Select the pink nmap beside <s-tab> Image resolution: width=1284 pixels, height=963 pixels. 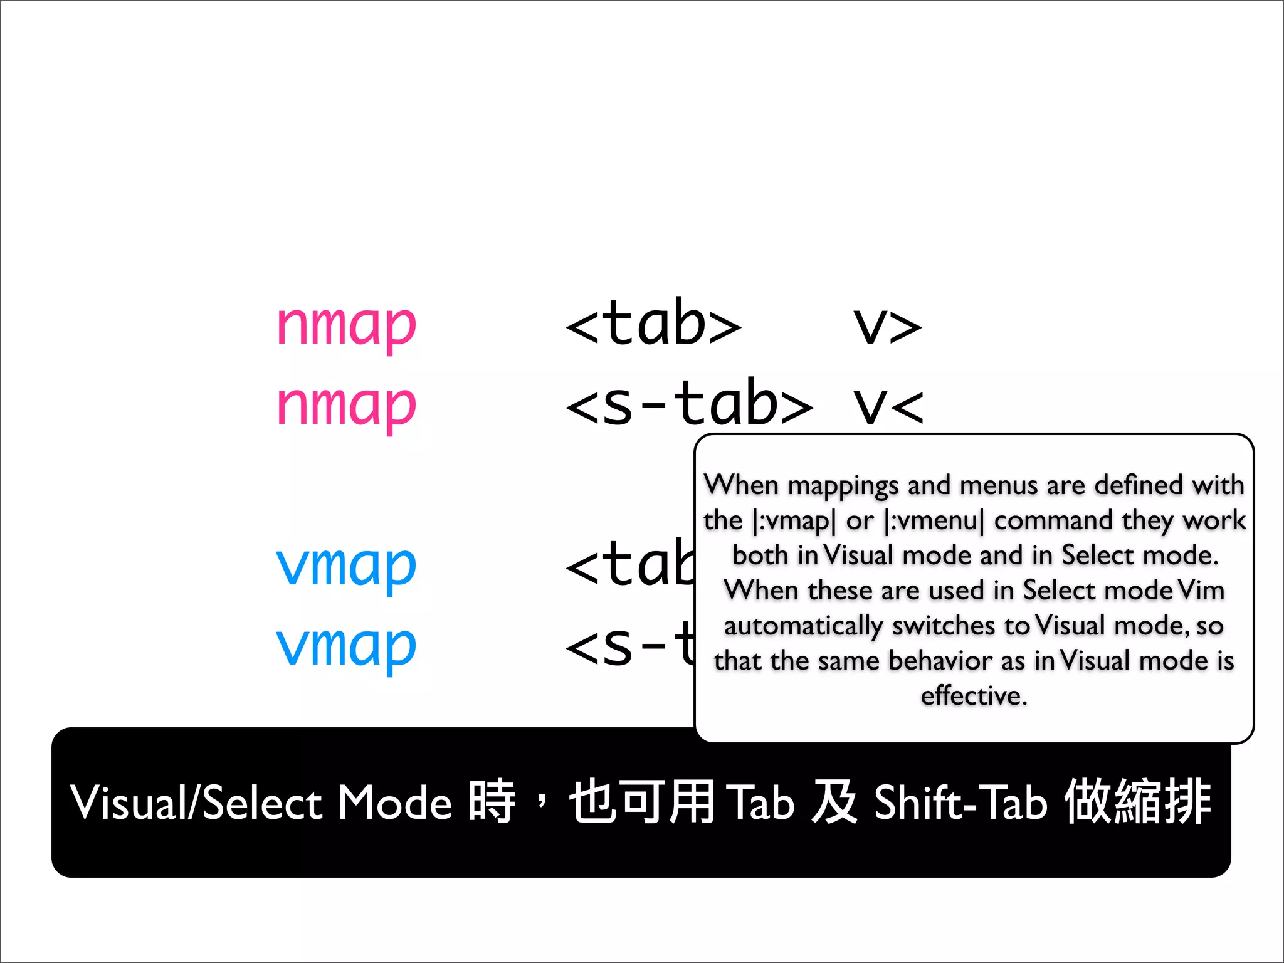346,405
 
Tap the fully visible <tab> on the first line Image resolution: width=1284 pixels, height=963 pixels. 653,324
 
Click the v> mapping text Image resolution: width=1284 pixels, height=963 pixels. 887,325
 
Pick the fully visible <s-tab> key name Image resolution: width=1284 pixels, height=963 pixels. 689,404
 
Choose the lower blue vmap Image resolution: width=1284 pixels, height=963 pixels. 346,646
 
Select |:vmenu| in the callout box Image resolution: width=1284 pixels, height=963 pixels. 933,521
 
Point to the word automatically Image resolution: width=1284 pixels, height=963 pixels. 804,626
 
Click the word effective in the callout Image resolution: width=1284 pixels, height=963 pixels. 974,696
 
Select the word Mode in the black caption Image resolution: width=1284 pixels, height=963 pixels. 395,802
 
